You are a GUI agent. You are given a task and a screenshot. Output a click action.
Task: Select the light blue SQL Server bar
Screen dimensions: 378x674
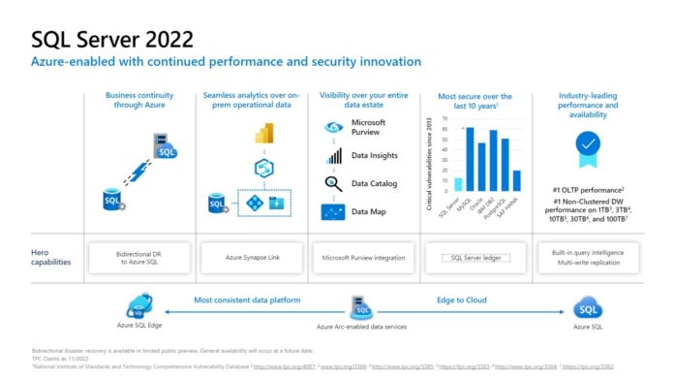(x=458, y=183)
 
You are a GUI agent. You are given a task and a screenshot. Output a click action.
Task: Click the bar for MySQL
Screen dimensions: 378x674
(x=470, y=159)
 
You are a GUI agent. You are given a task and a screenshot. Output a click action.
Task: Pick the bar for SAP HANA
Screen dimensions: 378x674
(x=516, y=180)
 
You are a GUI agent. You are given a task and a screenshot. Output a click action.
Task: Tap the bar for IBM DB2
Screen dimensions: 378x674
(x=493, y=160)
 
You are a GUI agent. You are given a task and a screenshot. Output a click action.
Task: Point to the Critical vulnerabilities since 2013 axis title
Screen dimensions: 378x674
(x=429, y=160)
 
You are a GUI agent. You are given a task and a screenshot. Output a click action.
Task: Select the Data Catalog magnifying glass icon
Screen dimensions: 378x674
(x=333, y=183)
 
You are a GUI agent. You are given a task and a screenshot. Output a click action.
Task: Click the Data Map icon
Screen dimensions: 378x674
(x=333, y=211)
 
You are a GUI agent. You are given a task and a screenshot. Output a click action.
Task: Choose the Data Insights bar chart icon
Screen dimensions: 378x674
(x=333, y=156)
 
